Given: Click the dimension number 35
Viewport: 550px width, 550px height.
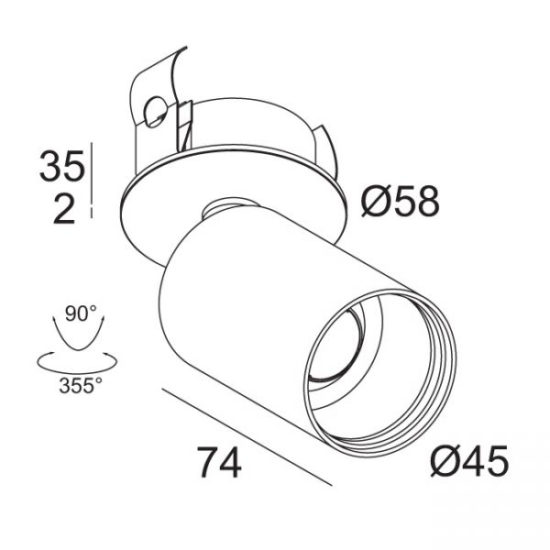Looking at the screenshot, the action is (62, 166).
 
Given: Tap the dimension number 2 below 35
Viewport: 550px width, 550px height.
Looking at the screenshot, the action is (64, 209).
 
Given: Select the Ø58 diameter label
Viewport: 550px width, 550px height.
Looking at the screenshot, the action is (401, 202).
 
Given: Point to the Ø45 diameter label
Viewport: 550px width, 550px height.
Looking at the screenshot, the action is (469, 460).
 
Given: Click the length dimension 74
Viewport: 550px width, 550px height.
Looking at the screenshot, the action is (219, 462).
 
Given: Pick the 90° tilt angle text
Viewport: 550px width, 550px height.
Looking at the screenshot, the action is (81, 313).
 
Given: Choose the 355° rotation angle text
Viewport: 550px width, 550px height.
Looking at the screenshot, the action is (81, 386).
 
